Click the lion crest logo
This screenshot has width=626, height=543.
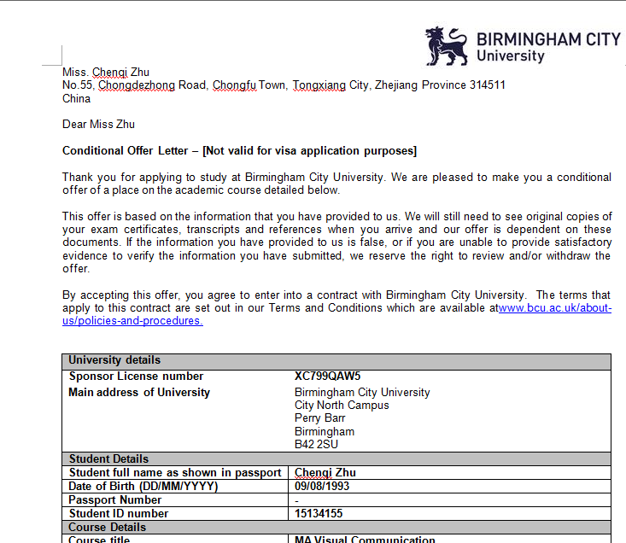447,46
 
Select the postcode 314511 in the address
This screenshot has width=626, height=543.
488,85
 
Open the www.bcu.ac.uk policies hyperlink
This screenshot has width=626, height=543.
554,308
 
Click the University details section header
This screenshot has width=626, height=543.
114,360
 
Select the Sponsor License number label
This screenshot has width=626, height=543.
136,377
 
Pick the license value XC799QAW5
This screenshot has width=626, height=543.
328,377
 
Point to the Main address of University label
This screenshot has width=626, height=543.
139,393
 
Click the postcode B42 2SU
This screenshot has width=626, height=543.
316,445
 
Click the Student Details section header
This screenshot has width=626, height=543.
108,458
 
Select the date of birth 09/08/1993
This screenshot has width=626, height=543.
322,486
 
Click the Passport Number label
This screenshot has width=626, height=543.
115,499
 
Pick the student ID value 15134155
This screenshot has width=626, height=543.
320,513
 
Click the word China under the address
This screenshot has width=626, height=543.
77,99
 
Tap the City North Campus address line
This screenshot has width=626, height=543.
342,406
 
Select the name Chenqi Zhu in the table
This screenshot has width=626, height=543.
325,472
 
